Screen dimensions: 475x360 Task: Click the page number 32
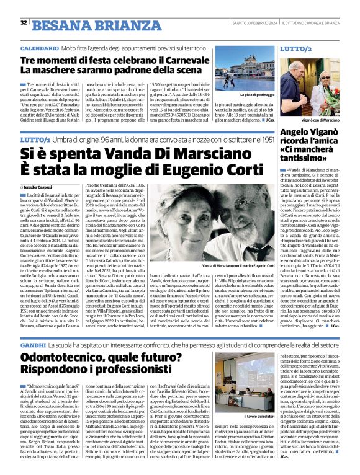(24, 23)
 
